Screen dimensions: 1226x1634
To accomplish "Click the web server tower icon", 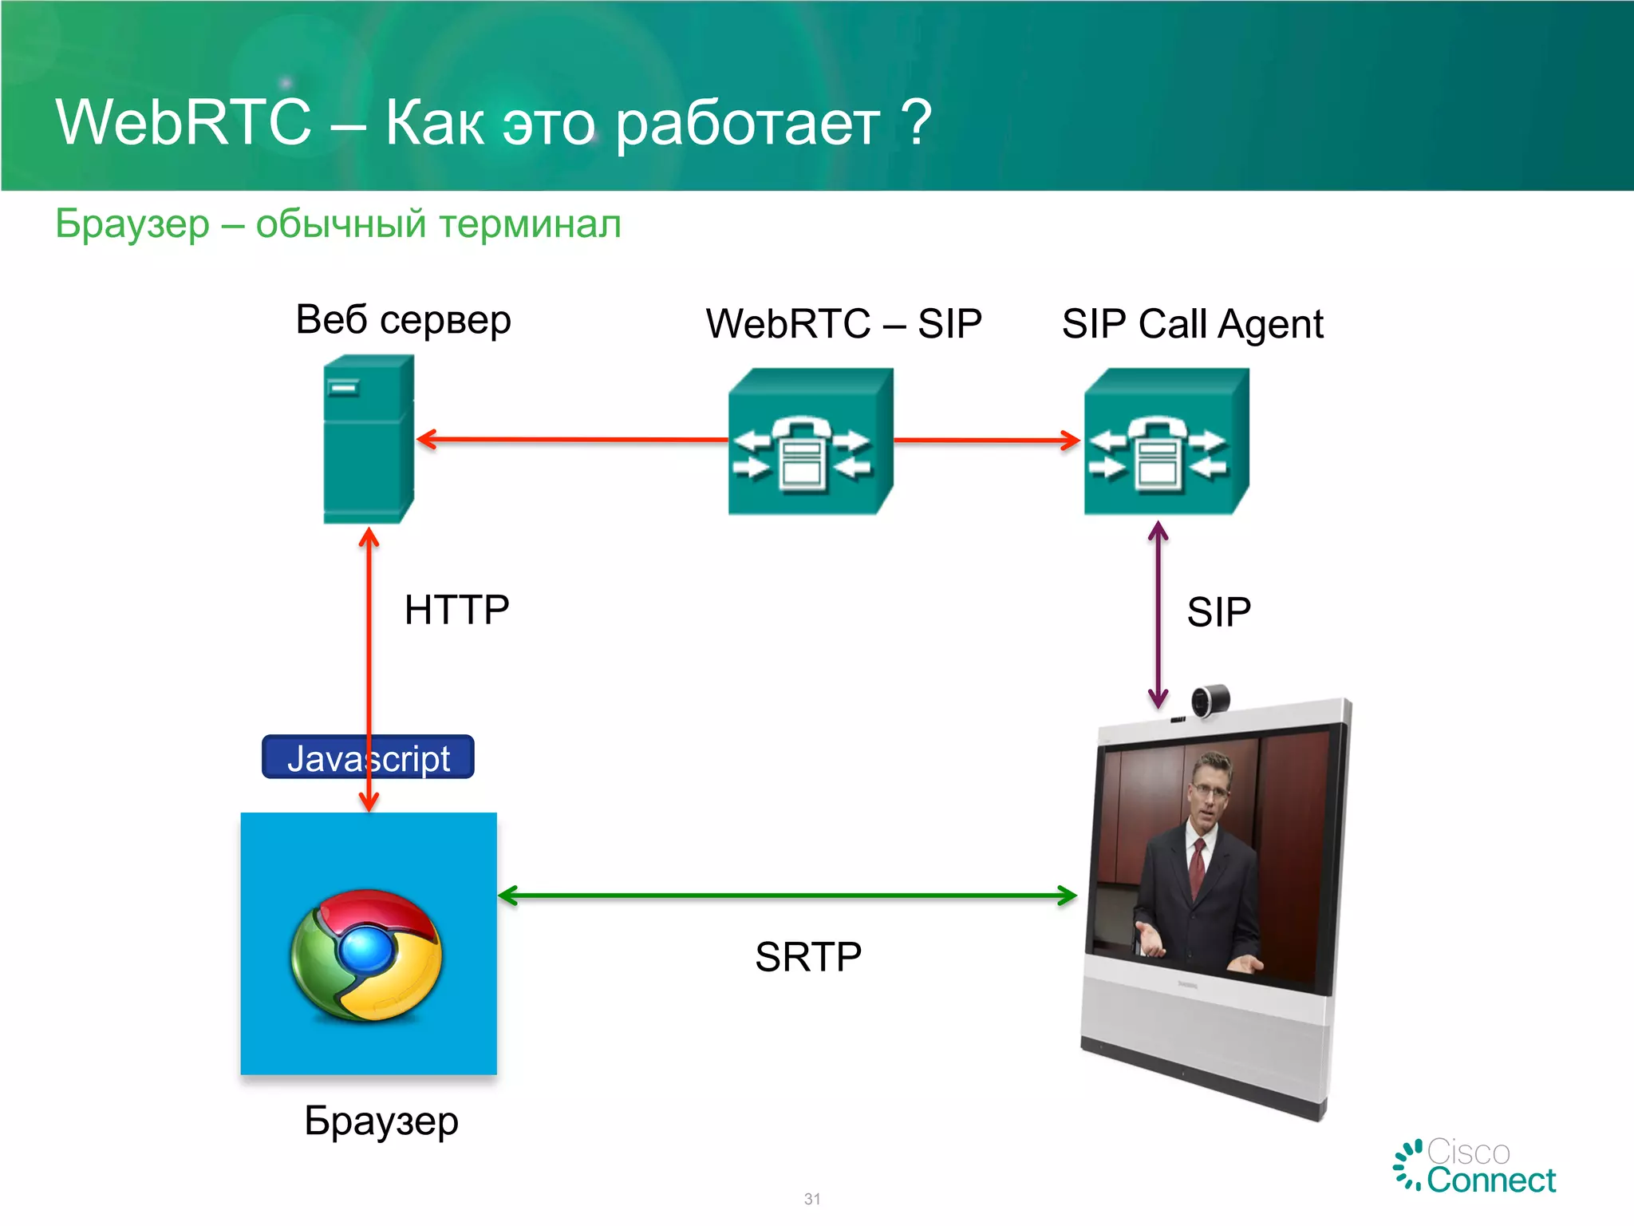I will pyautogui.click(x=368, y=439).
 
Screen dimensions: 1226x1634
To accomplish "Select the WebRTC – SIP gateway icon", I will pyautogui.click(x=810, y=441).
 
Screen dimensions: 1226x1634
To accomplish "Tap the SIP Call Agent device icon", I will pyautogui.click(x=1166, y=441).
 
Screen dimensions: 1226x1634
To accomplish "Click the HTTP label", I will pyautogui.click(x=456, y=610).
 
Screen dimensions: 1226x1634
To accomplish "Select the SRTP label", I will pyautogui.click(x=808, y=956).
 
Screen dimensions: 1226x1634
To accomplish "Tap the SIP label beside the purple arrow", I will pyautogui.click(x=1218, y=612).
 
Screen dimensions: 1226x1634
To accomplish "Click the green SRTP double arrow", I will pyautogui.click(x=787, y=896).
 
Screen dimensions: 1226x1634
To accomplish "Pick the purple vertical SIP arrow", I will pyautogui.click(x=1158, y=615).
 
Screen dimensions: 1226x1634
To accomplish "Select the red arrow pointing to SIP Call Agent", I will pyautogui.click(x=987, y=440).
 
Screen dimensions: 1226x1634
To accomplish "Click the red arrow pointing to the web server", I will pyautogui.click(x=571, y=439).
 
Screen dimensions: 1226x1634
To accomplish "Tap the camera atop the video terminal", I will pyautogui.click(x=1210, y=701).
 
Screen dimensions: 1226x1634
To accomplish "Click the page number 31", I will pyautogui.click(x=812, y=1199).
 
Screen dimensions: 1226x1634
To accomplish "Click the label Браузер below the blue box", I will pyautogui.click(x=381, y=1121).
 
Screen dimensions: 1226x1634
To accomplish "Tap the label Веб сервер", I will pyautogui.click(x=403, y=320).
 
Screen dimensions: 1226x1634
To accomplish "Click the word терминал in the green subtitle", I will pyautogui.click(x=529, y=224).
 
